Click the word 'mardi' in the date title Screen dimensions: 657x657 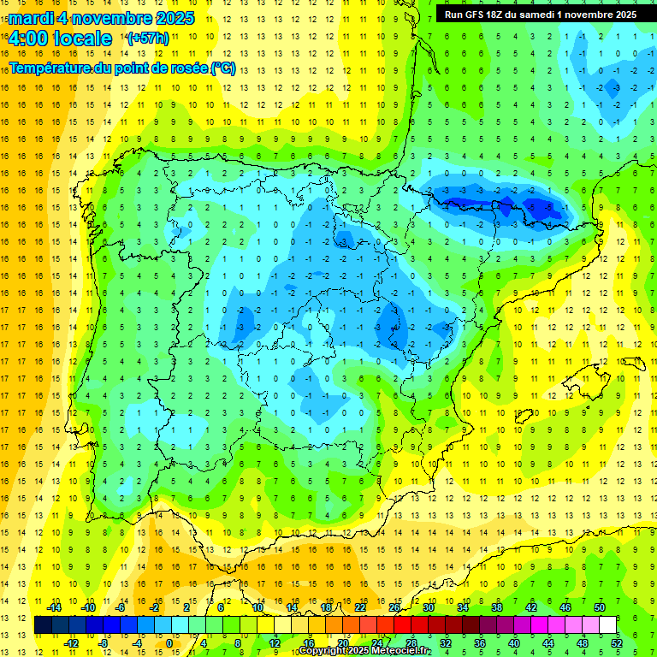tap(29, 18)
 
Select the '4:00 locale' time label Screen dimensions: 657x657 tap(60, 38)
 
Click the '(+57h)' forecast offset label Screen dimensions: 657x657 tap(148, 38)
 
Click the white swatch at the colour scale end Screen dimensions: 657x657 tap(608, 625)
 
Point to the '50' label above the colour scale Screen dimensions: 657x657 tap(600, 607)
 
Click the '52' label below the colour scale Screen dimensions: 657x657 tap(617, 643)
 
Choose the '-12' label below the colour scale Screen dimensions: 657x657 tap(70, 643)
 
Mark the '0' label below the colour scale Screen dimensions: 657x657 tap(170, 643)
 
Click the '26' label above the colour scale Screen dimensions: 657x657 tap(394, 607)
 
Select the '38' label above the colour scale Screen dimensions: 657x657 tap(497, 607)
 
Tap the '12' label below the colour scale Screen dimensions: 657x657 tap(275, 643)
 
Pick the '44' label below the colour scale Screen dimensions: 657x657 tap(548, 643)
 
